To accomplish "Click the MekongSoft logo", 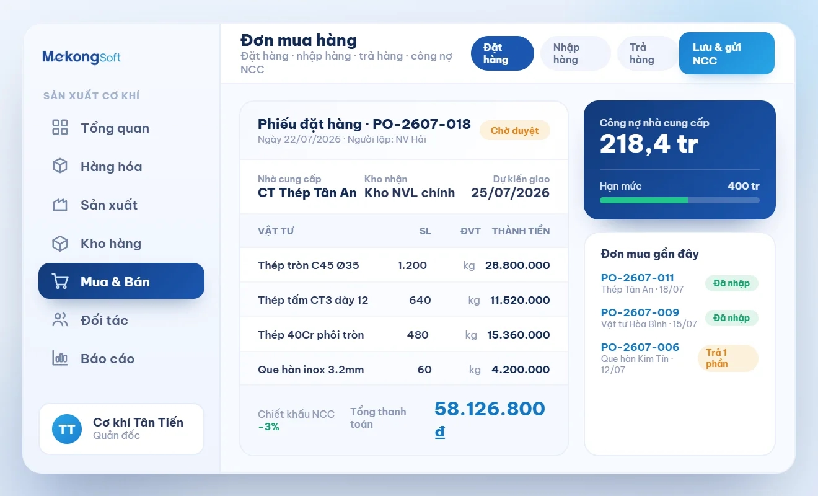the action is tap(81, 57).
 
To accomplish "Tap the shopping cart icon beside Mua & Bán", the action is tap(60, 281).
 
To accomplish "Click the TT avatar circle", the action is tap(67, 429).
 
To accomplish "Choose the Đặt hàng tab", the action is tap(503, 53).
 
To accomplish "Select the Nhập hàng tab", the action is tap(575, 53).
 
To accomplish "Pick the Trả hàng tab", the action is tap(647, 53).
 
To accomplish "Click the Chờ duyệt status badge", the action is tap(514, 130).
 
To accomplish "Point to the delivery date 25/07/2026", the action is tap(510, 193).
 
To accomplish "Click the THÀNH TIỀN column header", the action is tap(521, 231).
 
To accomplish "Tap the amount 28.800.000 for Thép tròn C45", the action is tap(517, 265).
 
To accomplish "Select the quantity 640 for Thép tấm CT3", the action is tap(420, 300).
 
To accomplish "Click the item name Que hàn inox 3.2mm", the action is tap(310, 370).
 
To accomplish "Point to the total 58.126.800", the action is tap(490, 409).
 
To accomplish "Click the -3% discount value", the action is tap(269, 427).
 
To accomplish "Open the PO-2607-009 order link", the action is tap(640, 312).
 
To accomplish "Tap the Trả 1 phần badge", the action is tap(728, 358).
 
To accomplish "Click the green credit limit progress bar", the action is tap(644, 200).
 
